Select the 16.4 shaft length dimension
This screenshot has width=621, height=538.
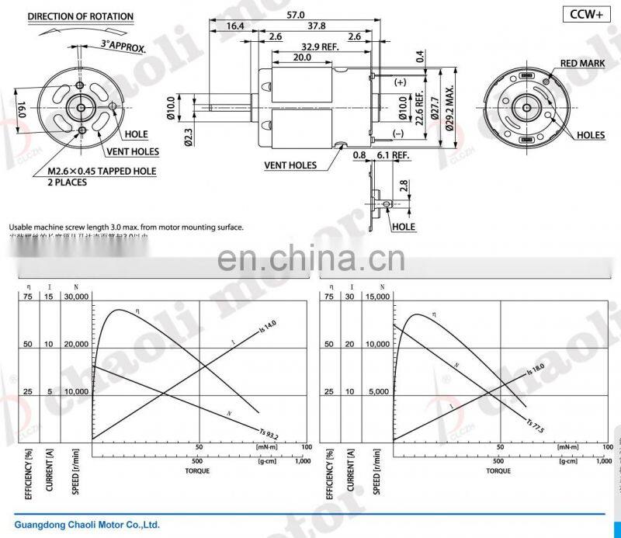coord(235,26)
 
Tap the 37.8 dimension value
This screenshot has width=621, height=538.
coord(316,26)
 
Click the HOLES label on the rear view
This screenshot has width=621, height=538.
coord(590,135)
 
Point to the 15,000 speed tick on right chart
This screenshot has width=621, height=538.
coord(376,297)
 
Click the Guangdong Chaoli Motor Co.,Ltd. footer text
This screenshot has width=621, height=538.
coord(87,523)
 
